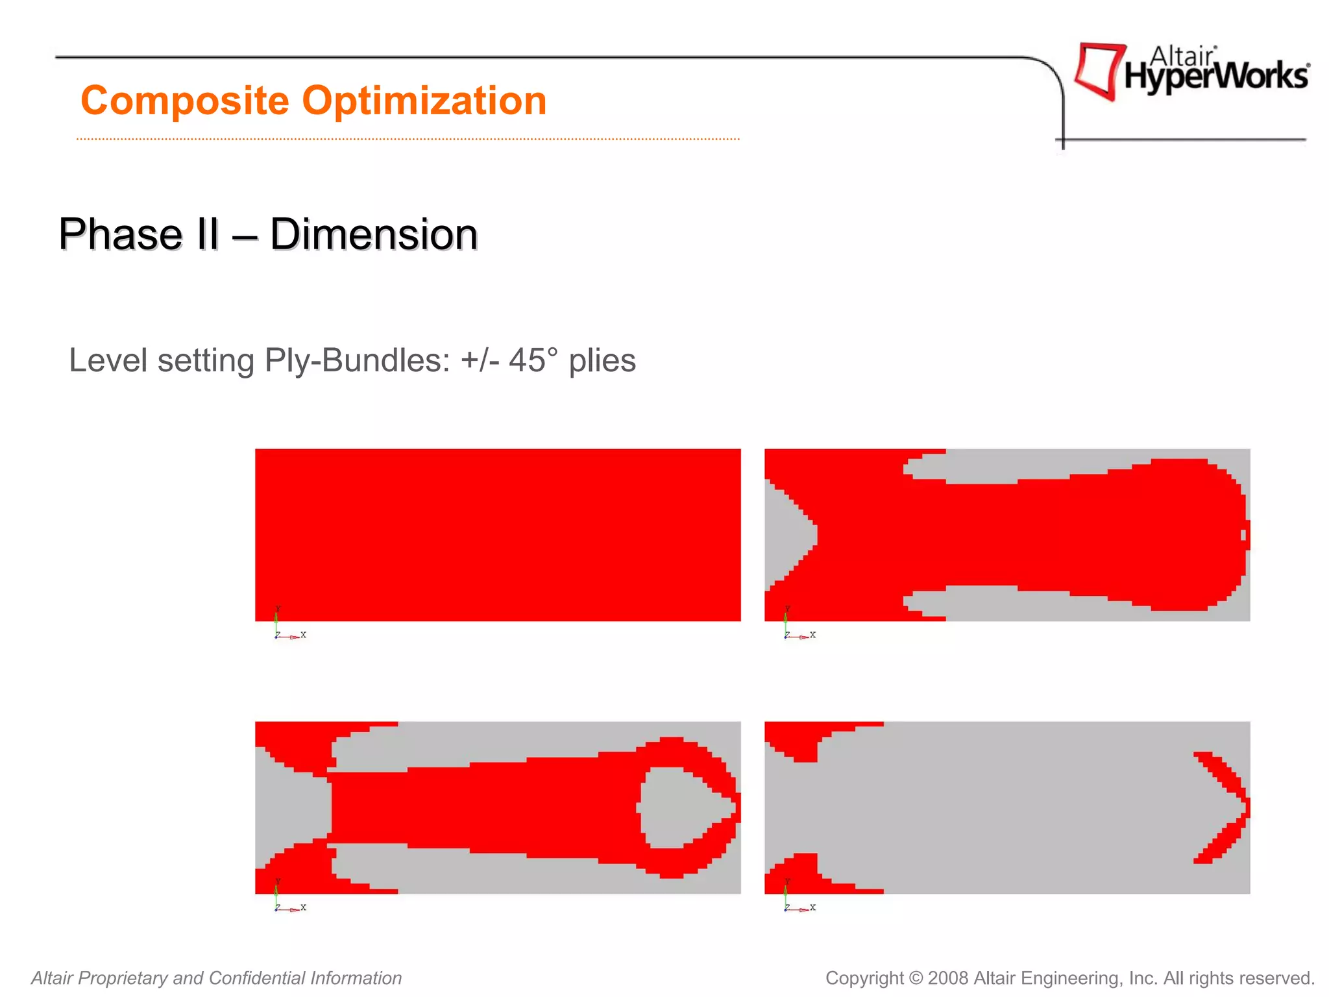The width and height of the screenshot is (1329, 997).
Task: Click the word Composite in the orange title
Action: (x=185, y=101)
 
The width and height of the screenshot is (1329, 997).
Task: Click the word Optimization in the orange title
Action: (x=424, y=101)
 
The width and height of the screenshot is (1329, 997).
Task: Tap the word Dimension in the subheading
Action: (x=374, y=234)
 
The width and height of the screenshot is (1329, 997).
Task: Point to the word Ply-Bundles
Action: (x=358, y=362)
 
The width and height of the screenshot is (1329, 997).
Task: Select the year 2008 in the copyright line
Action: (x=949, y=978)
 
